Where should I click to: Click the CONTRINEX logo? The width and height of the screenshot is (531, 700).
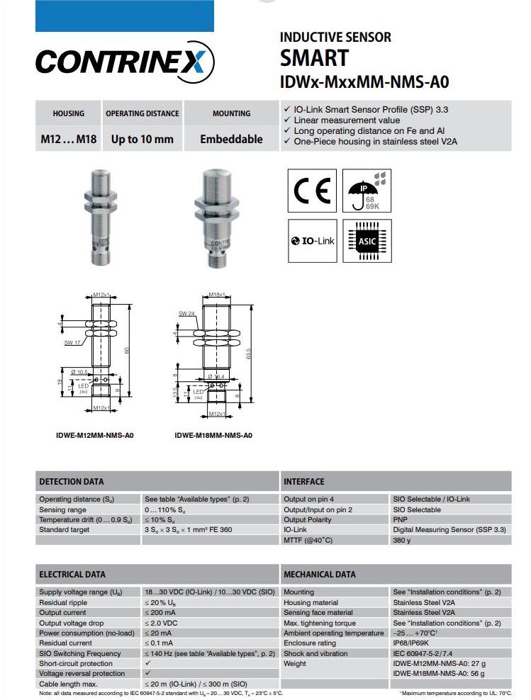(x=125, y=62)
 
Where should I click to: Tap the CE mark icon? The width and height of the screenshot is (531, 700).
(x=312, y=190)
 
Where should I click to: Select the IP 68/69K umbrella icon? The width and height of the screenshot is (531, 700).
(x=367, y=190)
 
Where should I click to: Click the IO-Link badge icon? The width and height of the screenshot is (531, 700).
(x=312, y=241)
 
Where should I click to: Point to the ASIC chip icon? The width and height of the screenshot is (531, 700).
(x=367, y=241)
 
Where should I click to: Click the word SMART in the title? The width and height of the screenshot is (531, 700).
(x=315, y=57)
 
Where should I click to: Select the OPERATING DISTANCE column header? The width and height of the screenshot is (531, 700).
(x=142, y=113)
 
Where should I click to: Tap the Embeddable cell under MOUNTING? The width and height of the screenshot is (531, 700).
(x=231, y=139)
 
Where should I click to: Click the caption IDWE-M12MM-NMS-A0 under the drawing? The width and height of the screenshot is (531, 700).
(x=94, y=435)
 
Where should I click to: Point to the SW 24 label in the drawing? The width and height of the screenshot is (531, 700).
(x=186, y=313)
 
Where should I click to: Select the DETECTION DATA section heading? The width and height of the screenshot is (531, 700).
(x=72, y=482)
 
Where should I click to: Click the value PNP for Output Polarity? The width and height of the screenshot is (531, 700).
(x=401, y=519)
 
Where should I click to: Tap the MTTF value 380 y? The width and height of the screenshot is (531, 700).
(x=402, y=540)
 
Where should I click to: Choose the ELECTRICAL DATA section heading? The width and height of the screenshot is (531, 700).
(x=73, y=575)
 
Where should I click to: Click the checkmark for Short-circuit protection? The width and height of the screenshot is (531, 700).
(x=147, y=664)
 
